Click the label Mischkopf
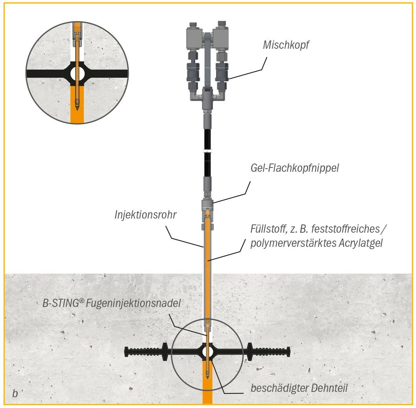pos(286,45)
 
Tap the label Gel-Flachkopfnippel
pos(294,168)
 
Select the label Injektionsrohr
pos(145,215)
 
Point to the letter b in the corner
pos(15,393)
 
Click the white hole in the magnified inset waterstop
pos(78,74)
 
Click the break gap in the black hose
pos(207,151)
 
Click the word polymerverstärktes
pos(292,243)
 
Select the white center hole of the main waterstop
pos(207,351)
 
